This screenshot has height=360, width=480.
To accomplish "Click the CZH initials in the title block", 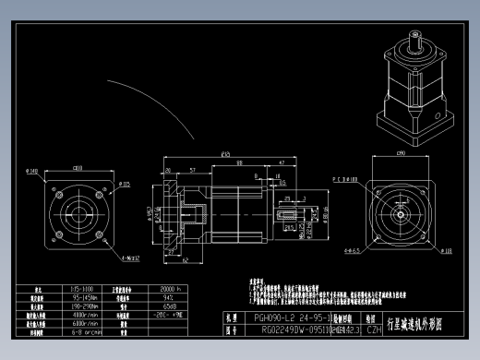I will point(375,327).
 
